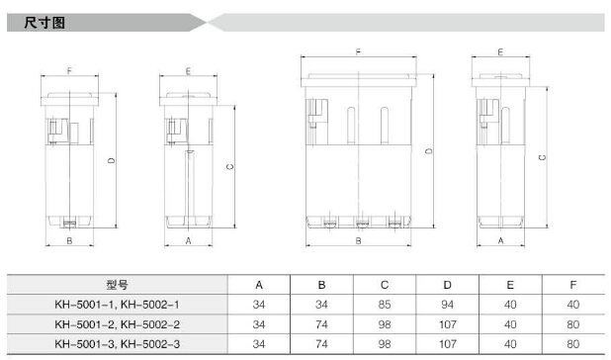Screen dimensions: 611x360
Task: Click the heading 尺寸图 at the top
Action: [x=44, y=23]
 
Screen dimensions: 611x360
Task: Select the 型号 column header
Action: [x=117, y=285]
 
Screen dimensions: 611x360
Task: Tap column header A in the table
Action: [x=259, y=285]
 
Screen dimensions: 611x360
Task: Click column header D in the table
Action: [x=447, y=285]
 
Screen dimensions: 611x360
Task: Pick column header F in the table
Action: [x=572, y=285]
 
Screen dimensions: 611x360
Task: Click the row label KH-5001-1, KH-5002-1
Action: [x=117, y=305]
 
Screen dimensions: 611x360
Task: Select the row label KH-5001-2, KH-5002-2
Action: [x=117, y=324]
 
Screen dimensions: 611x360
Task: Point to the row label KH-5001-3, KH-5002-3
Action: [x=117, y=344]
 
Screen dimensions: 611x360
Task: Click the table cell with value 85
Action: [x=385, y=305]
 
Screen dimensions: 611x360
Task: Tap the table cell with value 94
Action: [x=447, y=305]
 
